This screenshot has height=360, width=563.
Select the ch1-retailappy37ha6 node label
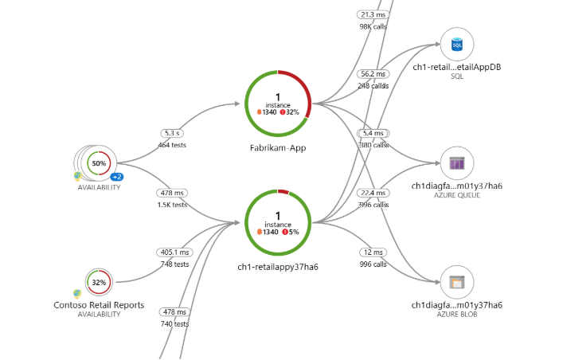[x=278, y=266]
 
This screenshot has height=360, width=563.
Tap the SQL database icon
[x=457, y=45]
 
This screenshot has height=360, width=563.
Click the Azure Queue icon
[x=457, y=163]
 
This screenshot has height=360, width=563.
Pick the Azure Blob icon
[x=457, y=282]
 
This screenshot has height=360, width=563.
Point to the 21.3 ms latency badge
[x=372, y=14]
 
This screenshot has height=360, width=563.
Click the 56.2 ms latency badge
[x=372, y=74]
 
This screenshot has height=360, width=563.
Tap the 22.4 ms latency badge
[x=372, y=193]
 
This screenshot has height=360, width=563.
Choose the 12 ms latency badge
[x=372, y=252]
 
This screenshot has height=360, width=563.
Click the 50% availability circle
[x=99, y=163]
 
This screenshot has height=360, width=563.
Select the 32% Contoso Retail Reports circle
[x=99, y=282]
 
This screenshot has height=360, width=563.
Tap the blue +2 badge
[x=116, y=177]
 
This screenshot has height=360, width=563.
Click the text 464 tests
[x=173, y=145]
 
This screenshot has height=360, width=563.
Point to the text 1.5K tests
[x=173, y=205]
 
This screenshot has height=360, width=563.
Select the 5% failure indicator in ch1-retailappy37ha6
[x=290, y=232]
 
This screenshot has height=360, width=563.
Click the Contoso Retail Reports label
[x=99, y=305]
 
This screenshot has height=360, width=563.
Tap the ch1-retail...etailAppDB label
[x=456, y=67]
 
